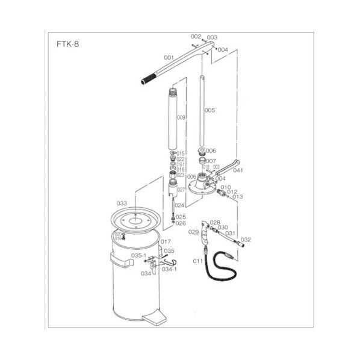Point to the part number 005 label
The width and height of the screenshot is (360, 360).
[209, 111]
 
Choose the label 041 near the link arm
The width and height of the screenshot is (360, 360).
[238, 170]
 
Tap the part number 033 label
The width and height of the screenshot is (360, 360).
[122, 203]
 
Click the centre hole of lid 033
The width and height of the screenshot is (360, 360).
[137, 220]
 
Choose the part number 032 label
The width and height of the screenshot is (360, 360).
[246, 240]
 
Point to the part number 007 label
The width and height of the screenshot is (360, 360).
[211, 161]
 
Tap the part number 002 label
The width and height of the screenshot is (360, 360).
[194, 36]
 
